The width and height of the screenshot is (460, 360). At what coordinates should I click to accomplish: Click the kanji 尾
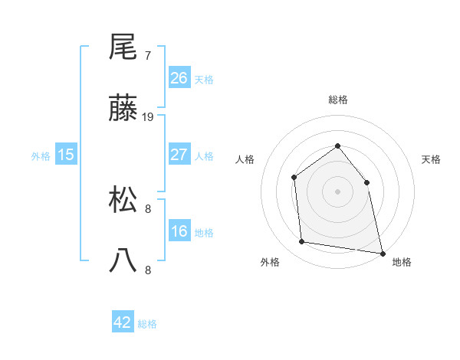123,47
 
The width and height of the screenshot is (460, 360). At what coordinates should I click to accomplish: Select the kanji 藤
123,110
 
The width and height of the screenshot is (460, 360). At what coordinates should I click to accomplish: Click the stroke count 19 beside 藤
148,117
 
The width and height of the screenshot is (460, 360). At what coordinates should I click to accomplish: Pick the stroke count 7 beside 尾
147,56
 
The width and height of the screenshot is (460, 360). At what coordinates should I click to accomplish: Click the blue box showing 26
179,78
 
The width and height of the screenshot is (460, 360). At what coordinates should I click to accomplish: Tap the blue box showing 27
179,155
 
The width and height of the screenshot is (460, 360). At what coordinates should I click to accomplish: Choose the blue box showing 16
179,231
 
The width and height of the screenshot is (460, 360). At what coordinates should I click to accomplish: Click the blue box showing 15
66,155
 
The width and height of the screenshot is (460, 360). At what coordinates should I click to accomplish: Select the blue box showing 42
123,322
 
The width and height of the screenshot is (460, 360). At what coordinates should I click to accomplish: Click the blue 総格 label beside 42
147,324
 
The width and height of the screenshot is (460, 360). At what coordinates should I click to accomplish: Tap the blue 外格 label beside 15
41,155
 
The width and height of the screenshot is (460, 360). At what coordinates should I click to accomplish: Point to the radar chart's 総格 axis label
337,100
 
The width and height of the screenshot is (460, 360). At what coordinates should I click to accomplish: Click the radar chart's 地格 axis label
402,262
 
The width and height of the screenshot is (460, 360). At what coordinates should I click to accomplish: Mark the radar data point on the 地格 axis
382,253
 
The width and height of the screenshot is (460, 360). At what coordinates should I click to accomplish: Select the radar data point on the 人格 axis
294,178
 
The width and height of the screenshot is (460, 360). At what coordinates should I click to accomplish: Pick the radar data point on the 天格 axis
366,182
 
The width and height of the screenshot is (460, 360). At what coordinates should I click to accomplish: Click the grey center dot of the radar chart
337,191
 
